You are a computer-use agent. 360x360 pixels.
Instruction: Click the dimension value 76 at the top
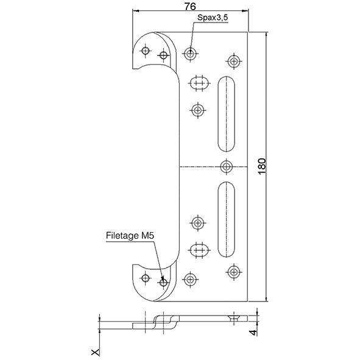click(x=190, y=7)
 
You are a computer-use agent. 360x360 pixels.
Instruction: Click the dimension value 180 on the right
click(x=262, y=166)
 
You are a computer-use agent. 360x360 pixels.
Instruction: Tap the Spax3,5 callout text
click(x=213, y=18)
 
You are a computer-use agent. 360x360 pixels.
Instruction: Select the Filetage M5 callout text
click(x=130, y=236)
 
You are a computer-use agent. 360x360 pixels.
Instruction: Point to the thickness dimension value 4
click(x=253, y=333)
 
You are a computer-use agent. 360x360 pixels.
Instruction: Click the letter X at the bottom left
click(x=95, y=352)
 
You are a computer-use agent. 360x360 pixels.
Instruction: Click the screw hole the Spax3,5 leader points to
click(x=190, y=54)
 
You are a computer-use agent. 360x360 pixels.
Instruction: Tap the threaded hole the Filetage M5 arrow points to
click(x=163, y=283)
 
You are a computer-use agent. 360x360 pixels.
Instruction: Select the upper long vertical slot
click(x=226, y=114)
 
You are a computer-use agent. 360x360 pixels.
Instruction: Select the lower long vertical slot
click(x=226, y=219)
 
